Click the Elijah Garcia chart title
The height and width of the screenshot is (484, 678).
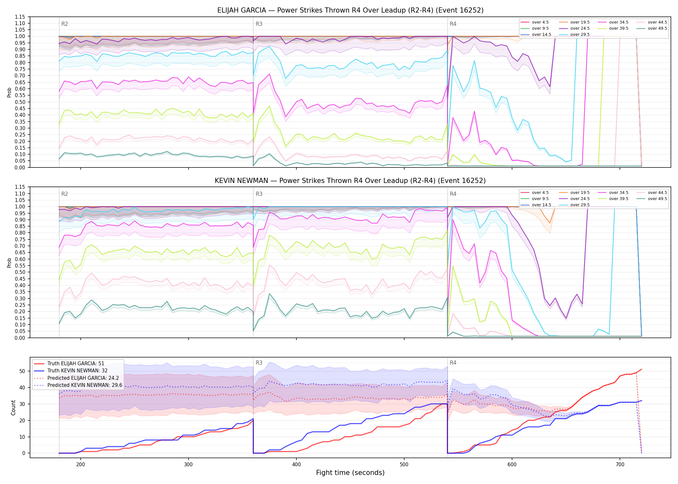pos(350,10)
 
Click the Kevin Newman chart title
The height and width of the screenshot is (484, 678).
pos(350,181)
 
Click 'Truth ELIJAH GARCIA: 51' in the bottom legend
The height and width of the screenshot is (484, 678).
pos(76,364)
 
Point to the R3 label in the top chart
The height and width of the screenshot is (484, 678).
pos(259,24)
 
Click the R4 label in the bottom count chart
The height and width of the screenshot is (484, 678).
pos(453,363)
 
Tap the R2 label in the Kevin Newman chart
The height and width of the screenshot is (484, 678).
pos(65,194)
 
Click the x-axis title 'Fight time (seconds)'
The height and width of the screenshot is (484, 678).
pos(350,473)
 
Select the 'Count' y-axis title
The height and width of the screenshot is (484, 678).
pos(13,408)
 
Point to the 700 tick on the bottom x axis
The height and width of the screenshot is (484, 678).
pos(620,465)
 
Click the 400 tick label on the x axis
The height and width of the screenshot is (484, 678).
pos(296,465)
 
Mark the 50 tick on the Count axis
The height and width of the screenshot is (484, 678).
pos(22,371)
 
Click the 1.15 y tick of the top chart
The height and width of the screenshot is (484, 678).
pos(20,17)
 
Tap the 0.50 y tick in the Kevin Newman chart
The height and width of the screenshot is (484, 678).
pos(20,272)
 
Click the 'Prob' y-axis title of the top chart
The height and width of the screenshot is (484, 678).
pos(9,93)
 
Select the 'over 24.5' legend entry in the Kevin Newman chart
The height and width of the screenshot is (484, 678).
pos(580,199)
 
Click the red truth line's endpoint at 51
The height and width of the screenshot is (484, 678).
pos(642,369)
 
